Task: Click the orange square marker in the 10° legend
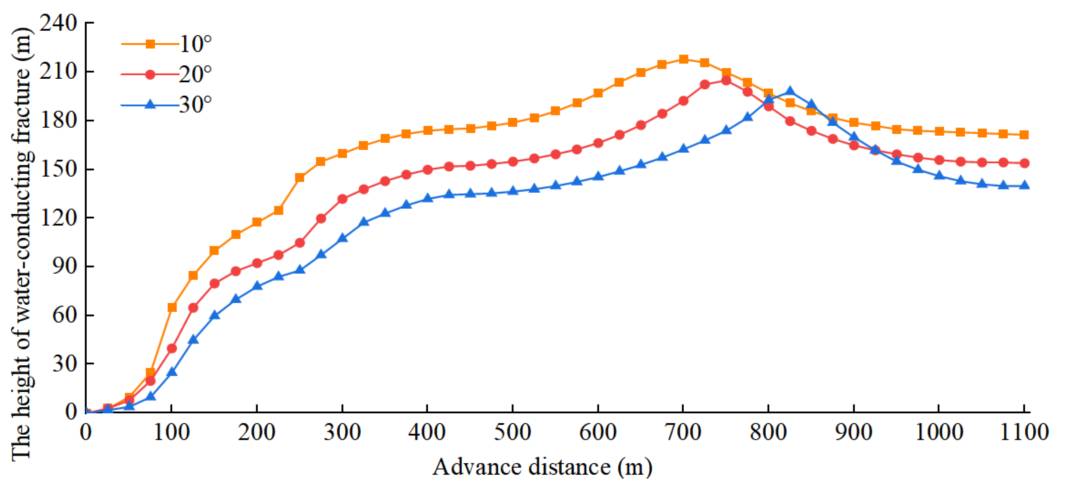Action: click(150, 44)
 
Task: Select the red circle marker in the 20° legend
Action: click(150, 75)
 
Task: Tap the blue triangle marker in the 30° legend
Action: click(150, 104)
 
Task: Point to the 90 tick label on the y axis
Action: click(65, 267)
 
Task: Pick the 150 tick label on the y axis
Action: click(59, 169)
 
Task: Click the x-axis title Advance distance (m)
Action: click(542, 468)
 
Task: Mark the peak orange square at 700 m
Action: click(683, 59)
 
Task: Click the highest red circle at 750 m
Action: click(726, 81)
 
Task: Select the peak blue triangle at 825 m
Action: click(790, 91)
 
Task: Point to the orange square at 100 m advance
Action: click(172, 307)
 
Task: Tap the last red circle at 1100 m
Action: click(1024, 163)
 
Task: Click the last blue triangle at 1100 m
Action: click(1024, 185)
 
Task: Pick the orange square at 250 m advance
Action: click(300, 178)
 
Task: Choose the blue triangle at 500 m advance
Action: click(513, 191)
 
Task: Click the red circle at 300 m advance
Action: click(342, 199)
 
